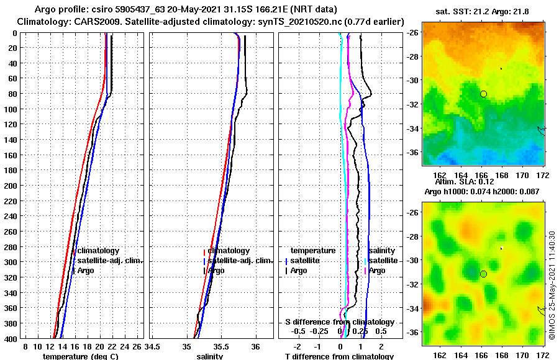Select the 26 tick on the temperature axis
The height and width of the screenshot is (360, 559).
[137, 346]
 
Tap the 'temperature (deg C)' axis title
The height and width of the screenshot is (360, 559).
[80, 356]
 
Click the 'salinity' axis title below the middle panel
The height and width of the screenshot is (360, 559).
[210, 356]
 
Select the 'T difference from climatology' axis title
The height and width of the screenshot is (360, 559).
[339, 356]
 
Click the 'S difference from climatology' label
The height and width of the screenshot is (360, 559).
[339, 322]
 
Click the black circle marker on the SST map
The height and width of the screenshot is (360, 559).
[483, 94]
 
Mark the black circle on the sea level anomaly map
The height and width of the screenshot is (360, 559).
[483, 274]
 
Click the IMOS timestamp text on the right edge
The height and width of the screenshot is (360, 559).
[552, 286]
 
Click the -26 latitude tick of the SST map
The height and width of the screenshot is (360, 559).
[413, 32]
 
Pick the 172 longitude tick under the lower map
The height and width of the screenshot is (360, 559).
[542, 356]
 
